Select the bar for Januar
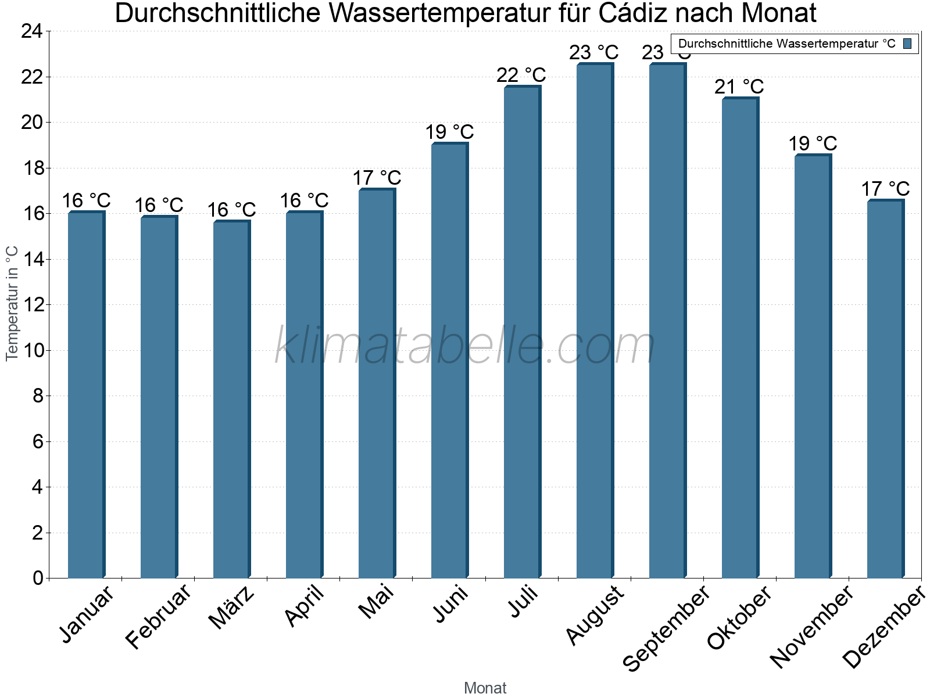coord(86,395)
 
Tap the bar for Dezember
coord(885,389)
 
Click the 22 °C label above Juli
coord(521,75)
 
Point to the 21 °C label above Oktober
coord(739,87)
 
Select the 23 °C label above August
coord(593,53)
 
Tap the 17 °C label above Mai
coord(377,178)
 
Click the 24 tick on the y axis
coord(32,31)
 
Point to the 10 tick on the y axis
coord(32,350)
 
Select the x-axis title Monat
coord(485,688)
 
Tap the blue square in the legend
coord(908,43)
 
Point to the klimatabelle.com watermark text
coord(465,347)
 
